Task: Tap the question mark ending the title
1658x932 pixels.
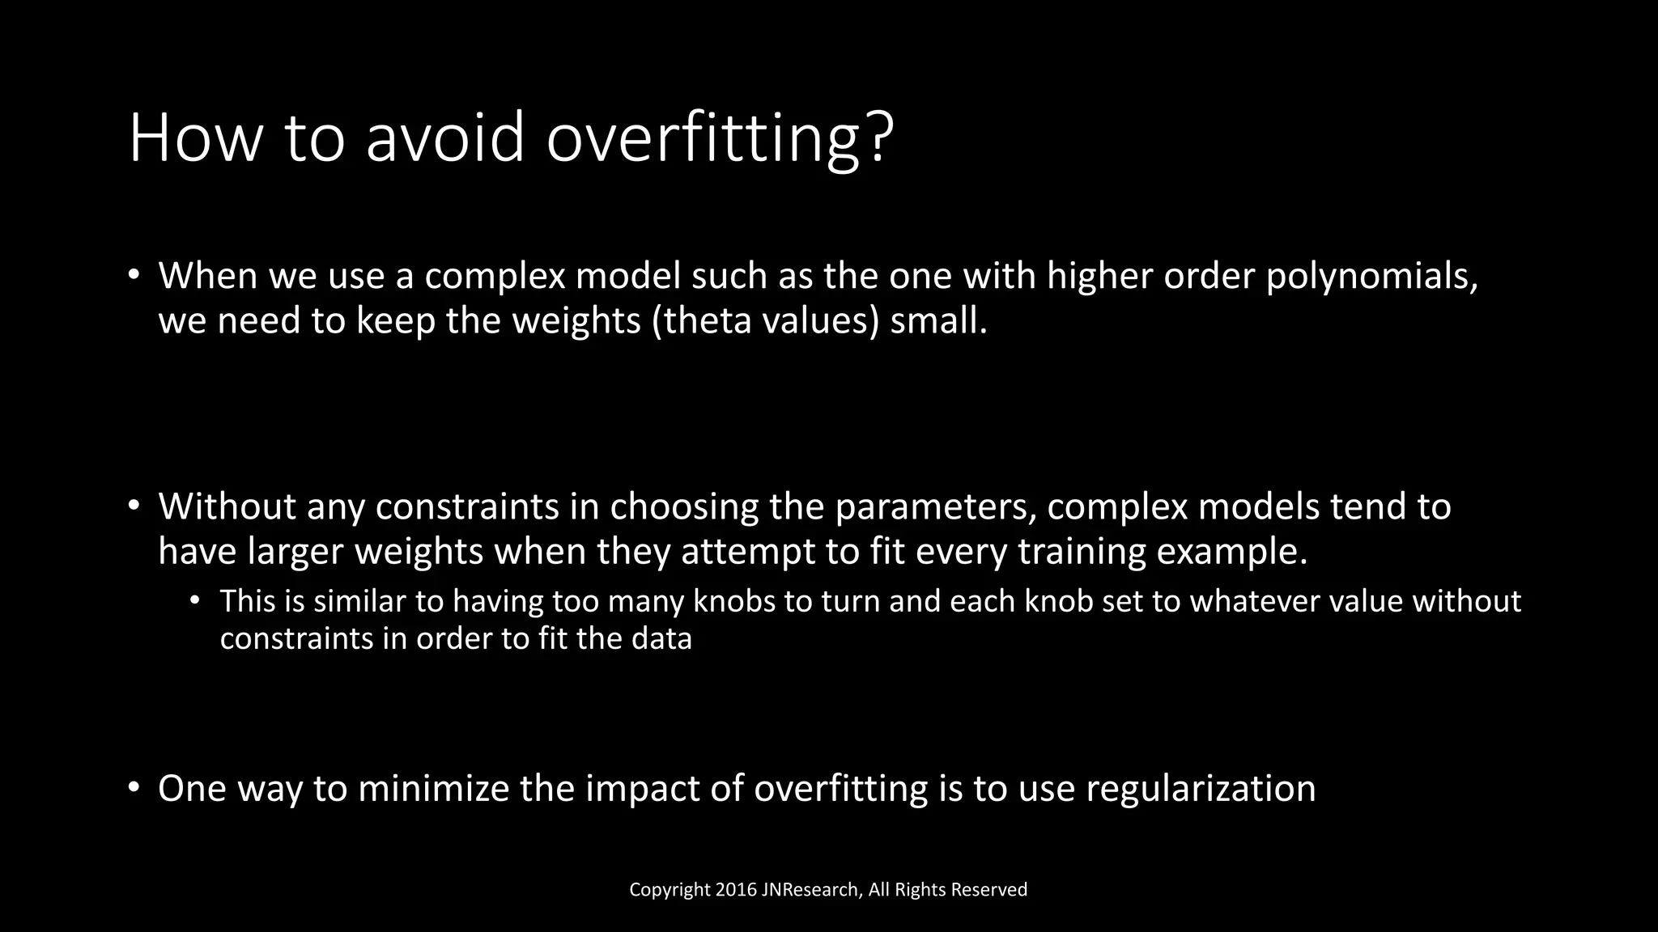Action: click(x=878, y=138)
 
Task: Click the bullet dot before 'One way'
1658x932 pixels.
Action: click(x=134, y=789)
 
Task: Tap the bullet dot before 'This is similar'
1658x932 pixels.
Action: click(x=194, y=601)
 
